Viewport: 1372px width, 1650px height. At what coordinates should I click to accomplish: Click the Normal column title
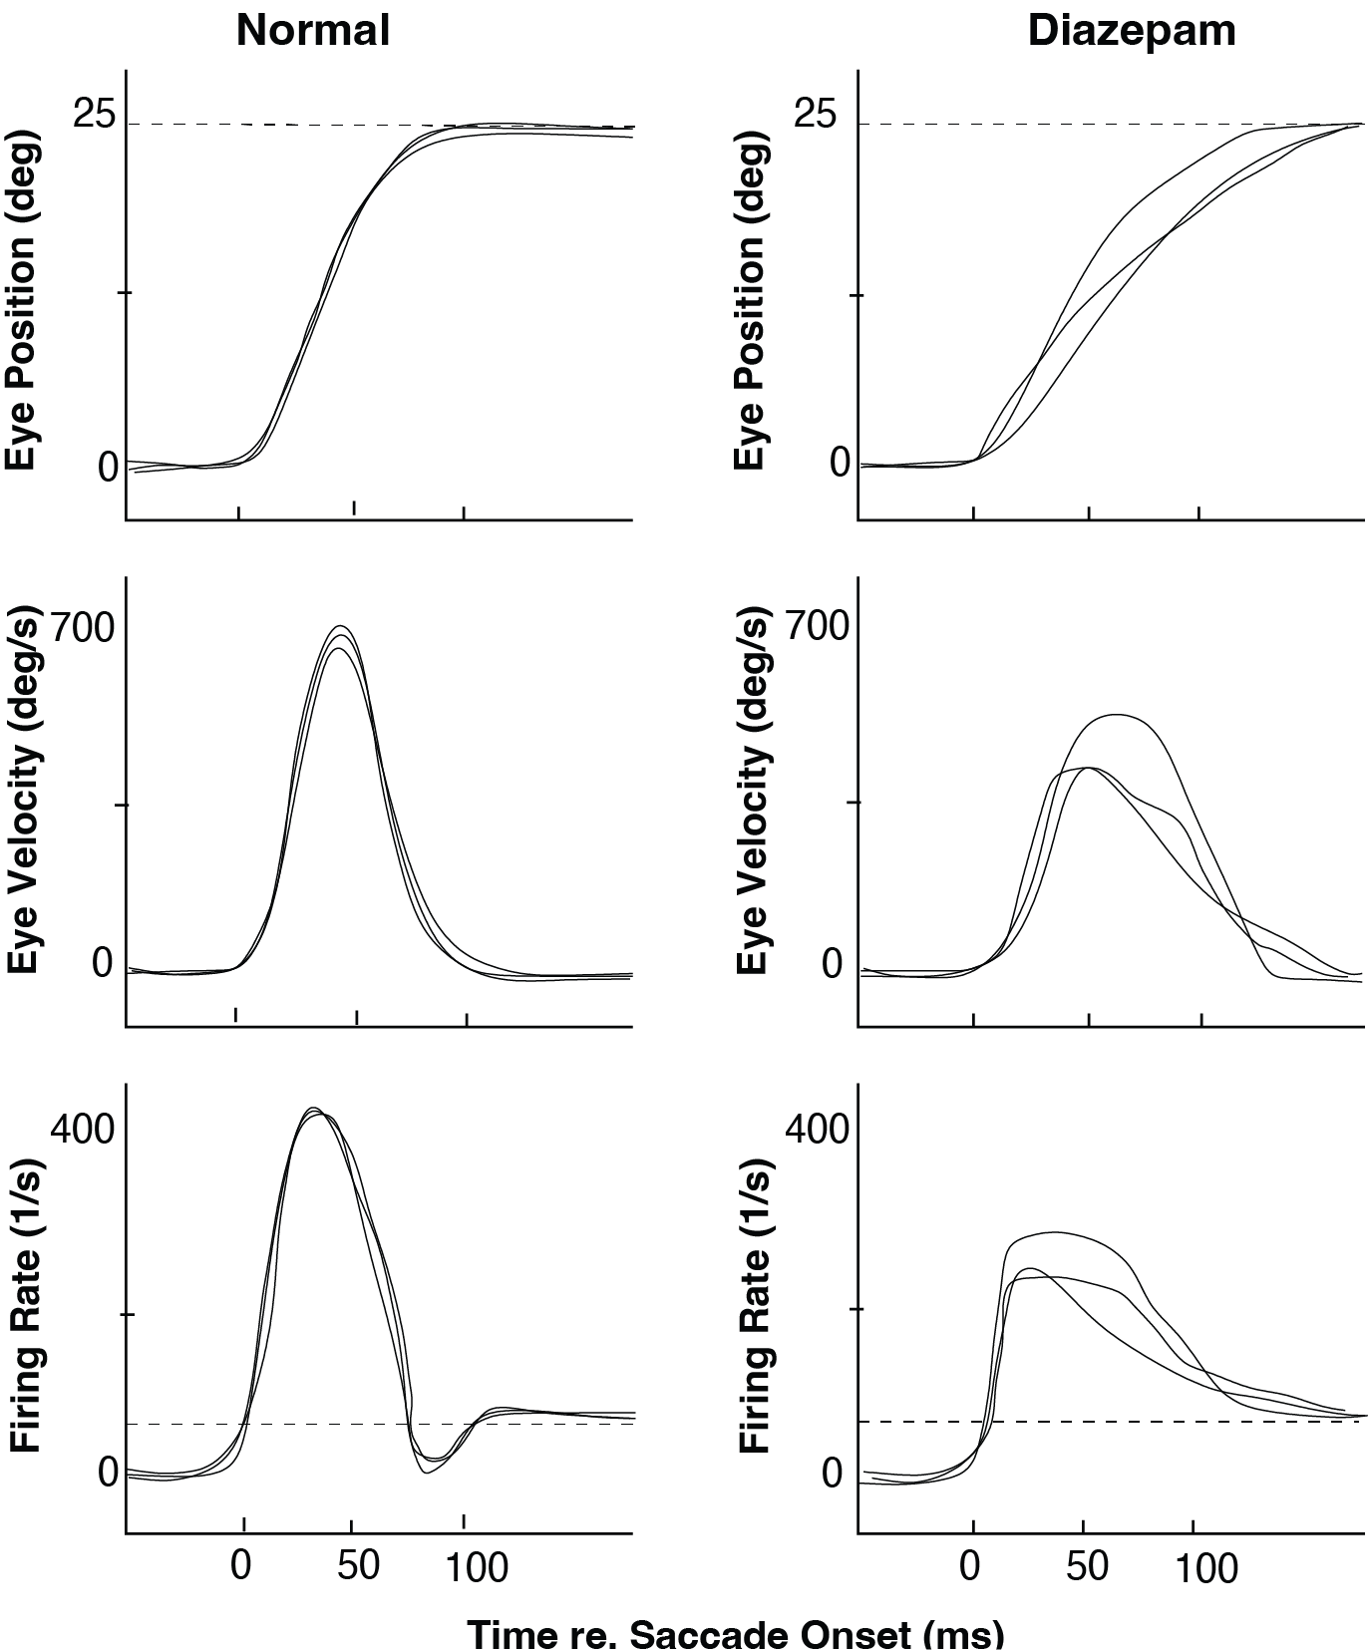point(312,32)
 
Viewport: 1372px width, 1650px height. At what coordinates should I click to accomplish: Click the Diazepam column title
point(1132,32)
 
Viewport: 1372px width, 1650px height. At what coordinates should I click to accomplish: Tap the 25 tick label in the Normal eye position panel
point(94,116)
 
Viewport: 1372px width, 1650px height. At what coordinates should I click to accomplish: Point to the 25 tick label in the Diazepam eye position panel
point(816,116)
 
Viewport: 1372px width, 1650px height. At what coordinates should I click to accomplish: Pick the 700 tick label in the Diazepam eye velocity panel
point(818,626)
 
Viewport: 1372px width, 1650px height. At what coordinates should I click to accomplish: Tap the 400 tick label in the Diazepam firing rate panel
point(818,1130)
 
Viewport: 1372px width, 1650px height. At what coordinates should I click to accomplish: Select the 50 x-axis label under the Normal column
point(357,1565)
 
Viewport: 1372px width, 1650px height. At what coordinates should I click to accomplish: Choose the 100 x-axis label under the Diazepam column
point(1204,1569)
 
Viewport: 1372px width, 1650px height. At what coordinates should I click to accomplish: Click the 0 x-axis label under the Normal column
point(241,1565)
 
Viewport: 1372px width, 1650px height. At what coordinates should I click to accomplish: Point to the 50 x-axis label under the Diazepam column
point(1087,1566)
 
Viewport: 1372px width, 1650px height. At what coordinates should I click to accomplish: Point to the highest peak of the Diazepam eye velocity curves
point(1117,715)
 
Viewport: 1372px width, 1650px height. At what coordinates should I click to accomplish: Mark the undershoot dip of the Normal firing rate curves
point(426,1472)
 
